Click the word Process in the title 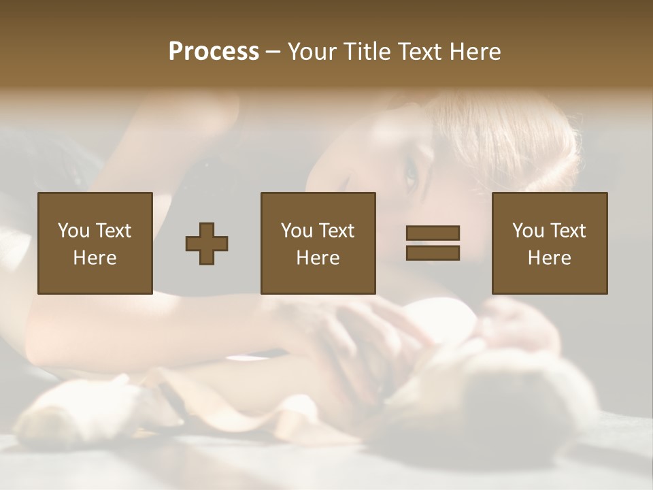coord(214,52)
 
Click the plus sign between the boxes coord(207,244)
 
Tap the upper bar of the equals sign coord(433,233)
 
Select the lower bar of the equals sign coord(433,252)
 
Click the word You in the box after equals coord(528,231)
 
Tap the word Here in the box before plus coord(95,258)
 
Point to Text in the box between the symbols coord(337,231)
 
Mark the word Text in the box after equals coord(568,231)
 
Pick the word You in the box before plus coord(73,231)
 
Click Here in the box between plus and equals coord(318,258)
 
